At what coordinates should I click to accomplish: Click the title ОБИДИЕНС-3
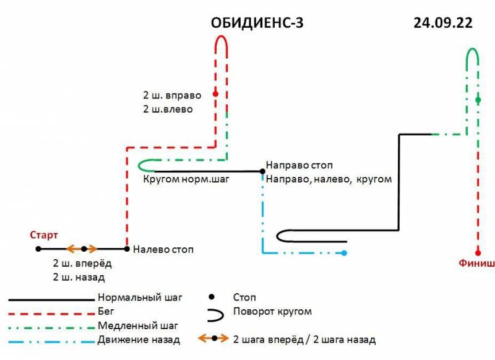[258, 24]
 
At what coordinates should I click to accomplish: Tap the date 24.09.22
[442, 24]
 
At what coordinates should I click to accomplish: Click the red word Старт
[43, 235]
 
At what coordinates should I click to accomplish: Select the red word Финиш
[476, 263]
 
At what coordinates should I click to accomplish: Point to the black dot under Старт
[38, 249]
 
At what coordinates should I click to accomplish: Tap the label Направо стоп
[299, 166]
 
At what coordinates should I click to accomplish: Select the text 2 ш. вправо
[171, 96]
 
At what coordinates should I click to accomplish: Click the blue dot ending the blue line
[344, 252]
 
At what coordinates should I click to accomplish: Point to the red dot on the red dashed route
[215, 94]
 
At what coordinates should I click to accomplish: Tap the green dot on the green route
[478, 100]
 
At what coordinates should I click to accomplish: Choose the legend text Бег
[106, 312]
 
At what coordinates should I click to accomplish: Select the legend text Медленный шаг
[138, 325]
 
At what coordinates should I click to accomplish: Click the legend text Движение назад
[139, 339]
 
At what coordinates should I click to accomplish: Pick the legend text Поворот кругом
[272, 311]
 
